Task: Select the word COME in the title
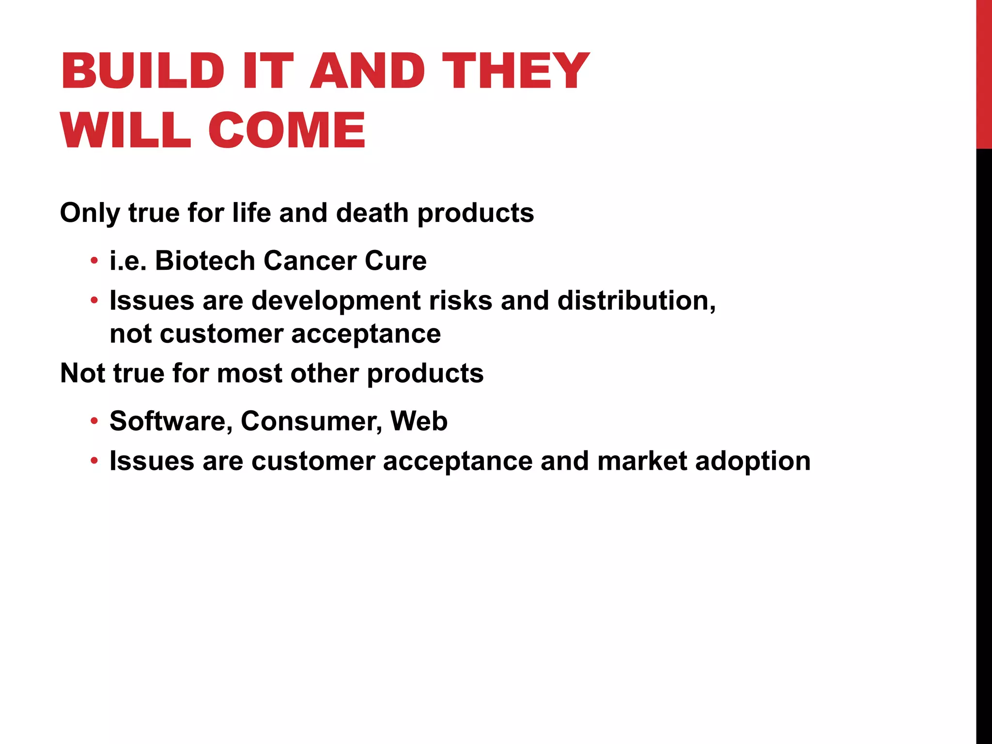tap(287, 130)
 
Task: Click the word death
tap(372, 213)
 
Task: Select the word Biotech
tap(205, 261)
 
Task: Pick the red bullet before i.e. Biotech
tap(94, 261)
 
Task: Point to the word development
tap(336, 301)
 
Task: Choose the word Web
tap(419, 421)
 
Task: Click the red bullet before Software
tap(94, 421)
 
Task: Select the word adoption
tap(753, 461)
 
